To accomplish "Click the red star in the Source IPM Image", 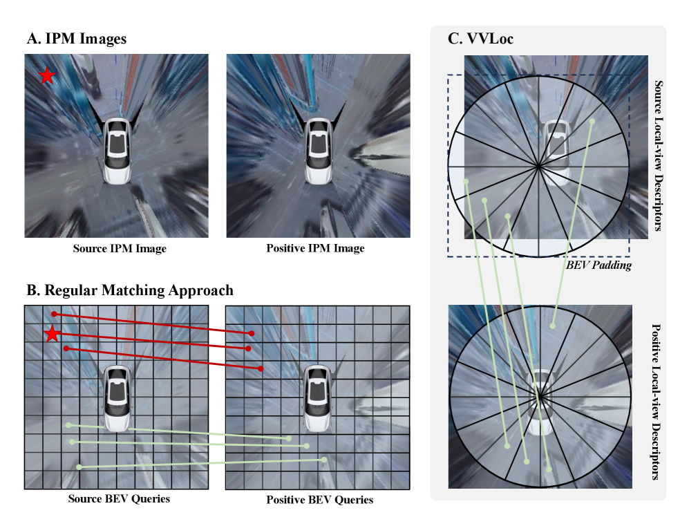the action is coord(47,76).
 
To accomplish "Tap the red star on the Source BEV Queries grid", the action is coord(53,334).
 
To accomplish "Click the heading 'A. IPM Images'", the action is coord(77,39).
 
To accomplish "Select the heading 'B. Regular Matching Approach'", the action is coord(130,290).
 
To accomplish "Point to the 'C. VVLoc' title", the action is coord(480,39).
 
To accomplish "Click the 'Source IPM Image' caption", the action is coord(120,249).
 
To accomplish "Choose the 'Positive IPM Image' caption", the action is coord(316,248).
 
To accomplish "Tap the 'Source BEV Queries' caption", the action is coord(119,499).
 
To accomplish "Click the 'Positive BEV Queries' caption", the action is coord(319,500).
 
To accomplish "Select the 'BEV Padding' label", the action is coord(598,265).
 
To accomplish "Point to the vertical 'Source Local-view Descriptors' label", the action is coord(658,156).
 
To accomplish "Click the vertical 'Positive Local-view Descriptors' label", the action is coord(656,402).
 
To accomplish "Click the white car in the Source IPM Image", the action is coord(117,150).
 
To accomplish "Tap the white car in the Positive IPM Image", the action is coord(318,150).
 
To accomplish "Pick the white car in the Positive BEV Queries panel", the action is coord(318,397).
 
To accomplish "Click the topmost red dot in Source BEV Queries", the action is coord(54,314).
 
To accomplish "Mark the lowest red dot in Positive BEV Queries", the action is coord(261,368).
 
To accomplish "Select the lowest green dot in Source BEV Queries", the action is coord(79,467).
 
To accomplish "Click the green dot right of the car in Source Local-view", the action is coord(592,121).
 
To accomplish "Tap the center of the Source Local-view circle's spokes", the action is coord(538,166).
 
